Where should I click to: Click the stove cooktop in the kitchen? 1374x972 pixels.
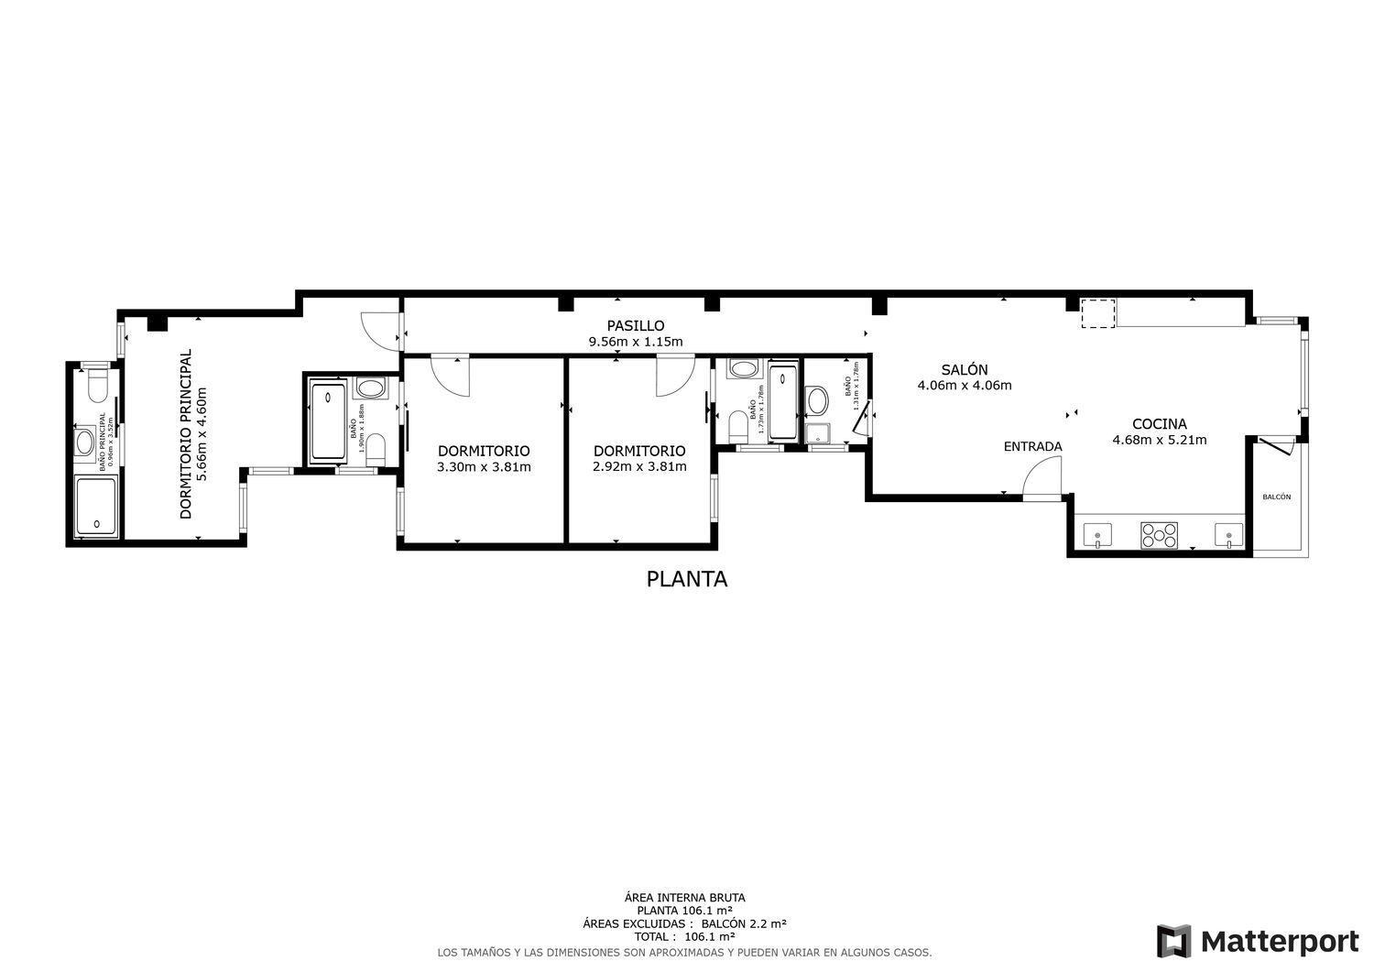(x=1159, y=535)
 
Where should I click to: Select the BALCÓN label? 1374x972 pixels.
(x=1276, y=497)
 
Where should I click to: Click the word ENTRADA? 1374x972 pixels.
(x=1032, y=447)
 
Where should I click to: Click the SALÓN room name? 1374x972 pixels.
(x=965, y=370)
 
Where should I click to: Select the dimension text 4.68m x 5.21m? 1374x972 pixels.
(x=1159, y=440)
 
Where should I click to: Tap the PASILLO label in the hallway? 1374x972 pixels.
(x=635, y=326)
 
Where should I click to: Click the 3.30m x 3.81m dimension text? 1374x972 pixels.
(x=484, y=466)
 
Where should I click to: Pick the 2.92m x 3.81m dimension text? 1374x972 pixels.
(x=639, y=466)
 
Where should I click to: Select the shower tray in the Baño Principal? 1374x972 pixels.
(x=95, y=507)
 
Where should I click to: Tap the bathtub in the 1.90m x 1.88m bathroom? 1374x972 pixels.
(x=328, y=421)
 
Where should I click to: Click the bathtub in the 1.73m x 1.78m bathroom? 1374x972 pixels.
(x=783, y=402)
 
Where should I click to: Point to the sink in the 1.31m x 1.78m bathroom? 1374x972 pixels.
(x=817, y=400)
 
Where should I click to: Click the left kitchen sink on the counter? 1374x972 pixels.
(x=1096, y=534)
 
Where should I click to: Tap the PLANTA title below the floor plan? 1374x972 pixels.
(x=687, y=579)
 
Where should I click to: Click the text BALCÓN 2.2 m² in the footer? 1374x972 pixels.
(x=744, y=924)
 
